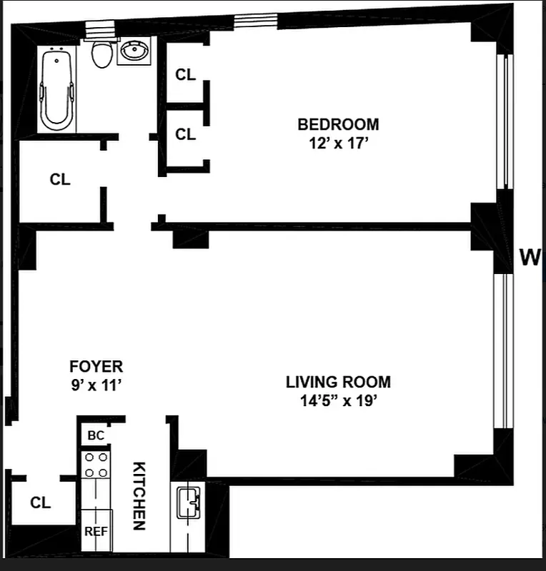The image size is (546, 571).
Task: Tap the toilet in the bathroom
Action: coord(103,53)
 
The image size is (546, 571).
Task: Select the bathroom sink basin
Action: coord(133,51)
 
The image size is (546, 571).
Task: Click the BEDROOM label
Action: coord(338,124)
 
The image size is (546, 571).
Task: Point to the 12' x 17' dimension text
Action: coord(338,142)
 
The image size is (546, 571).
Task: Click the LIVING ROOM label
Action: coord(338,382)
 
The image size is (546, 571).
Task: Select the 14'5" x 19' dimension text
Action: coord(338,400)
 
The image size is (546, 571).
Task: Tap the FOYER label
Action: coord(96,367)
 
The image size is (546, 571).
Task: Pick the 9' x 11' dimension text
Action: coord(96,385)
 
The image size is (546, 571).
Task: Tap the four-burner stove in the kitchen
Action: coord(96,465)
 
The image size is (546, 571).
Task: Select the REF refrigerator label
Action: coord(96,531)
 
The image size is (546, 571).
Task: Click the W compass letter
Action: coord(530,257)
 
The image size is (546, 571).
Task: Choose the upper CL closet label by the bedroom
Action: coord(186,74)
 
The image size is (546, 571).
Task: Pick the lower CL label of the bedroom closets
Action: coord(186,133)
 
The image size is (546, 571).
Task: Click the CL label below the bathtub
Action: coord(60,180)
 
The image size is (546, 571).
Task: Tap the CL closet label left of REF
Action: coord(41,502)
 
